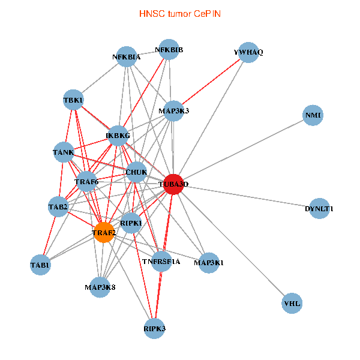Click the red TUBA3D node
click(x=173, y=184)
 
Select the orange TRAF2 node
click(x=104, y=232)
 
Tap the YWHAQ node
click(x=248, y=53)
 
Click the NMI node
click(x=313, y=115)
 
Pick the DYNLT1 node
click(x=319, y=209)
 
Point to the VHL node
click(x=292, y=304)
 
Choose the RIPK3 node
click(x=155, y=328)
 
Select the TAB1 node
click(x=41, y=265)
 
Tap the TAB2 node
click(x=58, y=207)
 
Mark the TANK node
click(x=63, y=152)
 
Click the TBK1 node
click(x=73, y=100)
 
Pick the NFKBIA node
click(x=126, y=57)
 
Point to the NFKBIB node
click(x=169, y=50)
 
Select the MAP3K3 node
click(x=173, y=110)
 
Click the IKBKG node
click(x=118, y=136)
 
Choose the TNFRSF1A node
click(x=161, y=262)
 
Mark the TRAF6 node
click(x=86, y=181)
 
